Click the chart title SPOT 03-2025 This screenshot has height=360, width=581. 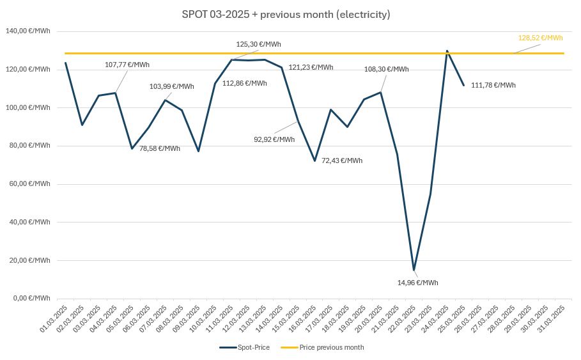(286, 14)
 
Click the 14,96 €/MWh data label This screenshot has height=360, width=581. (417, 283)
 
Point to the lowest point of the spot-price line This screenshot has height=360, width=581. (414, 270)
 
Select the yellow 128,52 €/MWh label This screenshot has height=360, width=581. (540, 38)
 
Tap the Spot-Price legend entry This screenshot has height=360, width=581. (245, 347)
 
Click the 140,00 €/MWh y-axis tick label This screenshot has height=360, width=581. (27, 31)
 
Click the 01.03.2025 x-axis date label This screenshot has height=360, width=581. (54, 318)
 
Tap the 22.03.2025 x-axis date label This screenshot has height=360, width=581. (403, 318)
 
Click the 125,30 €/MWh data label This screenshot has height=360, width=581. (258, 45)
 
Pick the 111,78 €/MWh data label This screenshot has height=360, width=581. (493, 85)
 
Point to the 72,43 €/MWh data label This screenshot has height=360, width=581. (341, 160)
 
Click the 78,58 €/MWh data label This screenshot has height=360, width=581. (160, 148)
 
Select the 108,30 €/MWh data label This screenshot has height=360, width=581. (386, 69)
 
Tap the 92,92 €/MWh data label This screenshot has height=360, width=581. (274, 139)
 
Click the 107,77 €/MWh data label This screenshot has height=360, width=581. (127, 65)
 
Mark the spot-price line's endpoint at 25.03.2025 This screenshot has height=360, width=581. (463, 85)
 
